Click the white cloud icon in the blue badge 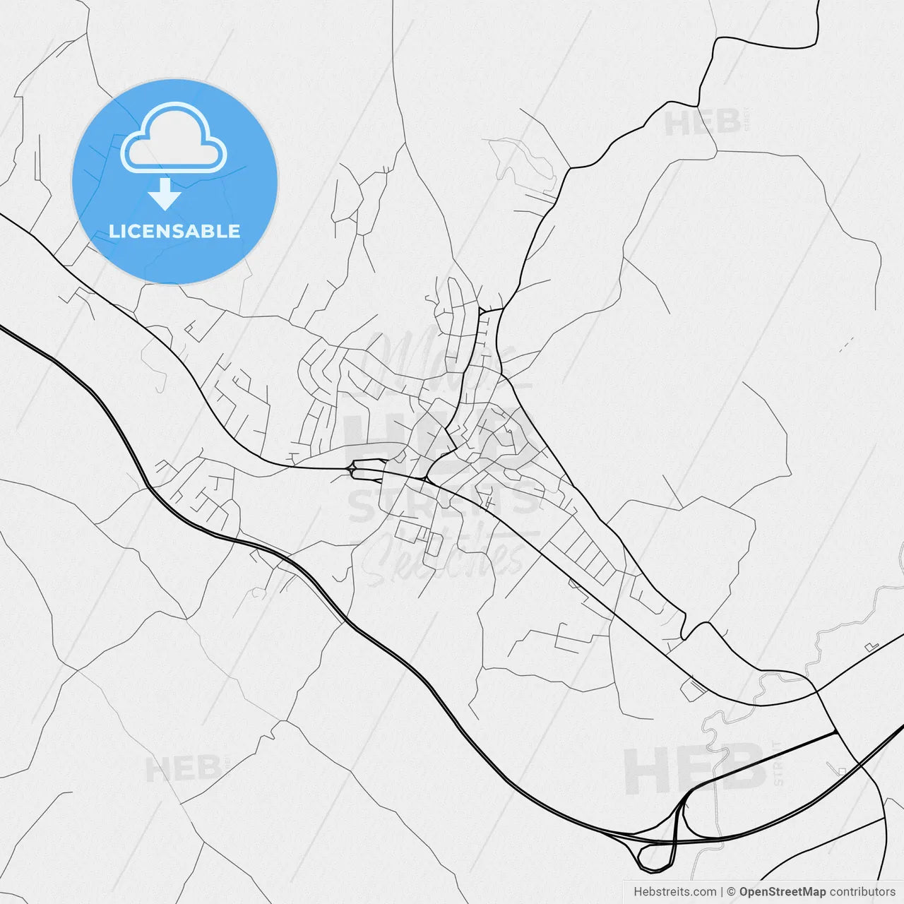click(x=174, y=138)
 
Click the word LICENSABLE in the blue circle click(x=174, y=231)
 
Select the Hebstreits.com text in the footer click(x=675, y=892)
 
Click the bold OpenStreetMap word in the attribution click(x=783, y=892)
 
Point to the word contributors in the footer click(x=862, y=892)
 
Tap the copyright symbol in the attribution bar click(x=732, y=892)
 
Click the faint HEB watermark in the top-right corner click(x=703, y=123)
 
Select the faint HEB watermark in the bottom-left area click(x=182, y=768)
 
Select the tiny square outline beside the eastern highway click(x=840, y=770)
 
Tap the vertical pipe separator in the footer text click(x=721, y=892)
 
